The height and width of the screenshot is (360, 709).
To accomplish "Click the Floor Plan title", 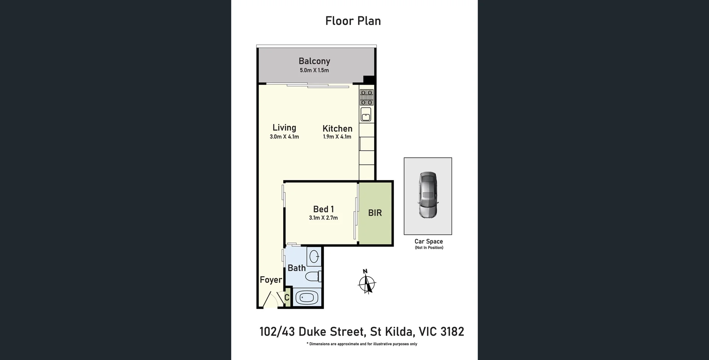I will pos(353,21).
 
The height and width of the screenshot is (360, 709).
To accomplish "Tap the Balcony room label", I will pos(314,61).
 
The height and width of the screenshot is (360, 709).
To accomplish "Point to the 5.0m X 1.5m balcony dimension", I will pos(314,70).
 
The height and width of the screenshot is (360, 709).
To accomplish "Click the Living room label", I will pos(284,128).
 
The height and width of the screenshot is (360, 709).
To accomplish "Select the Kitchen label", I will pos(337,128).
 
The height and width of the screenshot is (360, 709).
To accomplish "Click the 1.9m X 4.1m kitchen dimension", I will pos(337,137).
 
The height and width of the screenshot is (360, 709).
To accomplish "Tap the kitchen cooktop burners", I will pos(367,97).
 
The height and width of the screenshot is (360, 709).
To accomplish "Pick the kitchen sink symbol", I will pos(366,114).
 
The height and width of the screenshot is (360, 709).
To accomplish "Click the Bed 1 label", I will pos(323,209).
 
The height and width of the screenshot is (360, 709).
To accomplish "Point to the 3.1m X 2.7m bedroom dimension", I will pos(323,218).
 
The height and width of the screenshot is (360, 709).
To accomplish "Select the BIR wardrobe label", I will pos(375,213).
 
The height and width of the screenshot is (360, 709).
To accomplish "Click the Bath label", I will pos(297,268).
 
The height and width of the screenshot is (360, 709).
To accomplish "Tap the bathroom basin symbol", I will pos(314,256).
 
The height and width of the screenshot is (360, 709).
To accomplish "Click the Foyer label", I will pos(271,280).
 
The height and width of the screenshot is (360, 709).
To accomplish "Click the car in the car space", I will pos(428,195).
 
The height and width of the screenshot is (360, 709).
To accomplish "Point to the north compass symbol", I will pos(367,283).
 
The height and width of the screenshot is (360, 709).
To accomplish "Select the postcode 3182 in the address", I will pos(452,332).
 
